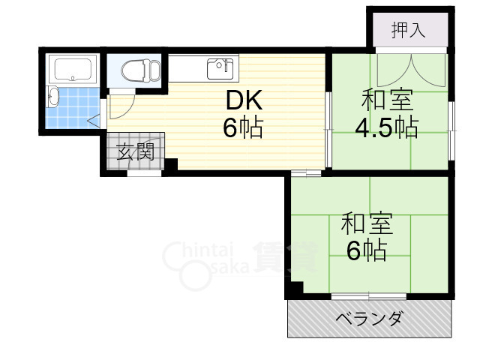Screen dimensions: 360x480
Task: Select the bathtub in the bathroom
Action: (x=73, y=70)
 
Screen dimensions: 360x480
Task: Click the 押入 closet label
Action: (x=409, y=31)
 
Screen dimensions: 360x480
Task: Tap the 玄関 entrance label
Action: (x=135, y=153)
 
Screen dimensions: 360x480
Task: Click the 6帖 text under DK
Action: (x=241, y=129)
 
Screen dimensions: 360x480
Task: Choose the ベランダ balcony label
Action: (x=367, y=319)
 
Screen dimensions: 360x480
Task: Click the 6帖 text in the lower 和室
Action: (x=366, y=250)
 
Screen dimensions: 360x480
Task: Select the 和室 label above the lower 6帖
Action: (x=366, y=223)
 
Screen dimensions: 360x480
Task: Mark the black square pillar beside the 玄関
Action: (x=170, y=166)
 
